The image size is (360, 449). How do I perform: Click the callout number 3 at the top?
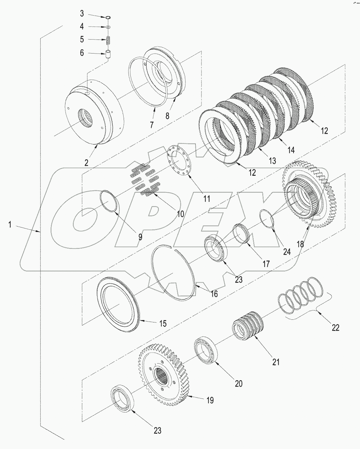82,14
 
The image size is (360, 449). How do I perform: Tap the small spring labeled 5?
108,40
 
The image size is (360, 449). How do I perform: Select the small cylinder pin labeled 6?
108,54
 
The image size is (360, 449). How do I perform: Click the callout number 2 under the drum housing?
86,163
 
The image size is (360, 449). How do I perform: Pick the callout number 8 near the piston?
167,116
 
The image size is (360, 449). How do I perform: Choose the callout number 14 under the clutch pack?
291,150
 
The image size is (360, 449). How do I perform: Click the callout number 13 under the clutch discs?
272,161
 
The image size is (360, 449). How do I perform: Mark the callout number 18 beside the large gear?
300,244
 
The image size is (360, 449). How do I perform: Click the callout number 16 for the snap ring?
214,294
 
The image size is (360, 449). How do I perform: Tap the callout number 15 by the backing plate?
163,323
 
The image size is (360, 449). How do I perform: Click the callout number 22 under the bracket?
335,327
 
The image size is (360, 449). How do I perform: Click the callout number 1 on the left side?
10,225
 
